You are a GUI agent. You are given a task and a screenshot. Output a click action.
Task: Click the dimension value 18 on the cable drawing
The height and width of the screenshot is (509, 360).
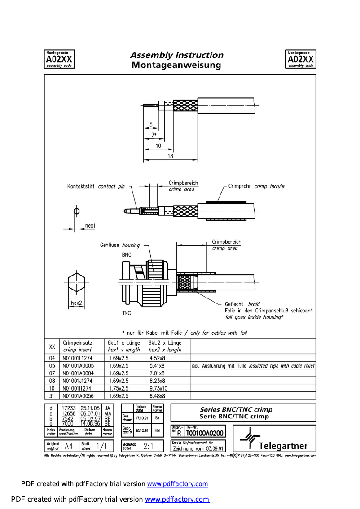[171, 156]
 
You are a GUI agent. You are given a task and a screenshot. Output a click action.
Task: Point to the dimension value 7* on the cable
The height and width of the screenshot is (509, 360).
[154, 135]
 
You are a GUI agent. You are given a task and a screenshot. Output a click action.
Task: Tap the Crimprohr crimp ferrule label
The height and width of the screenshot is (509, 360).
[256, 186]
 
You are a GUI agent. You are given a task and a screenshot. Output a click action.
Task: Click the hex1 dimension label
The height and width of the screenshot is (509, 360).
[90, 225]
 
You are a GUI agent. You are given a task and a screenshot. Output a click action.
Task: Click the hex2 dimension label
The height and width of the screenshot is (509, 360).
[76, 303]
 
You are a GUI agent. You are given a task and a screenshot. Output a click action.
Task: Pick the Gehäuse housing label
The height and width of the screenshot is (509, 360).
[119, 246]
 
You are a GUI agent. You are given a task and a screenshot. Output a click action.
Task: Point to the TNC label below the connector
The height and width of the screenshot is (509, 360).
[127, 313]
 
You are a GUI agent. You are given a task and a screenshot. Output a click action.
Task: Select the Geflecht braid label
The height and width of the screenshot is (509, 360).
[242, 304]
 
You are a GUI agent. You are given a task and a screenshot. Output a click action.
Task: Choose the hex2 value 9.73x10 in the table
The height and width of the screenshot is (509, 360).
[158, 388]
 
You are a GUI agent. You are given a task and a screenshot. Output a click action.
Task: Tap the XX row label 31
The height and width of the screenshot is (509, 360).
[52, 396]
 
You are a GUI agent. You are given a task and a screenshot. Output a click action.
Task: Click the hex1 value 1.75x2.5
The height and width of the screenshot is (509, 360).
[119, 388]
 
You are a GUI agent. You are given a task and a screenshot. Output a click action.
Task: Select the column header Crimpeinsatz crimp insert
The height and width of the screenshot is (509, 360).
[77, 346]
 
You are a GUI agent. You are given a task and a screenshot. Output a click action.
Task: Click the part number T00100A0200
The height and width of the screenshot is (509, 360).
[205, 434]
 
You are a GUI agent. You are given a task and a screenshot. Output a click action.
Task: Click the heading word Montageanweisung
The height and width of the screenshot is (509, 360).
[176, 66]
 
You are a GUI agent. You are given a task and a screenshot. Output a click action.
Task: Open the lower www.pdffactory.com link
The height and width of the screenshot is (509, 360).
[177, 500]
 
